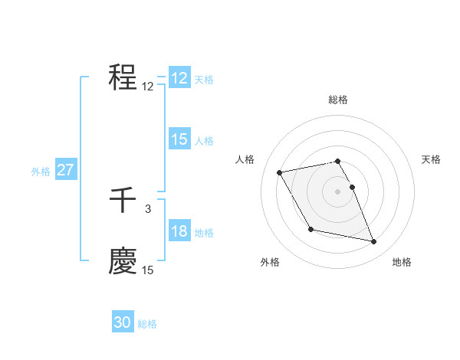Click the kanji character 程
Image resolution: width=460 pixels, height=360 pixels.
123,77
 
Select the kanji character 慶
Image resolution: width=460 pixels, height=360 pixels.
123,260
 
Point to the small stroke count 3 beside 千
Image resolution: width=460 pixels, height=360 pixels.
148,208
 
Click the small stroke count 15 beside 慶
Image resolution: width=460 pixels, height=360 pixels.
148,270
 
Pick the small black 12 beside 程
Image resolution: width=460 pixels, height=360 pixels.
148,87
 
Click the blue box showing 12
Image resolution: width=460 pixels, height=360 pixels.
179,79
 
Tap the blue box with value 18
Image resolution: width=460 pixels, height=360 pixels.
179,231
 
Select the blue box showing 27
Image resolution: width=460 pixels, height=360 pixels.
66,170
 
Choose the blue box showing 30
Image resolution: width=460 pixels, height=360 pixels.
123,323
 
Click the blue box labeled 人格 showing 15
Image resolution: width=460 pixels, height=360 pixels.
179,139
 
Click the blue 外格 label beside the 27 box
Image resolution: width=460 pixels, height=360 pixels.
41,172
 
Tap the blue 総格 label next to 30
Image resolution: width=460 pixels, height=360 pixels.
147,325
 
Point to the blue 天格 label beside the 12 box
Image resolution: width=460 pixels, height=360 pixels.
204,80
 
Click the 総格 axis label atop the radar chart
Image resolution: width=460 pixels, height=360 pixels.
338,100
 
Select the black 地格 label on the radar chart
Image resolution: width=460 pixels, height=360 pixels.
402,263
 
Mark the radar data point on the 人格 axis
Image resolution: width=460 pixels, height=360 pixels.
280,172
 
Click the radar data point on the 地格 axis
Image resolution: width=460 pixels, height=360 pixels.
374,241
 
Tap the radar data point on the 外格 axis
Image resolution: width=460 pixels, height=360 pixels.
310,229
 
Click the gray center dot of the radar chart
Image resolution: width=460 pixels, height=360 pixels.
338,191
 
